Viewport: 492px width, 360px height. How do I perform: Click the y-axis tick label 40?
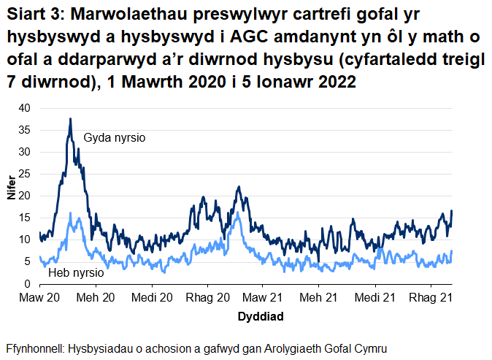25,108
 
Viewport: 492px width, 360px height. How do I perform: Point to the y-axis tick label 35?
25,130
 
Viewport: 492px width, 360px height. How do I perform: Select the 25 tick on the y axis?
25,174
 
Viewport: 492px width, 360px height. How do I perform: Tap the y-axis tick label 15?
25,218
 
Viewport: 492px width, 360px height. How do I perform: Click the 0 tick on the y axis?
28,283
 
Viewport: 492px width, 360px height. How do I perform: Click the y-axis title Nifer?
11,196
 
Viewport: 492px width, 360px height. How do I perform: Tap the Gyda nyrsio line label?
115,137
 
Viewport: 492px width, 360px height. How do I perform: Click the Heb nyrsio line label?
75,273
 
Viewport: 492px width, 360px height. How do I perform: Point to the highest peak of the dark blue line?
70,119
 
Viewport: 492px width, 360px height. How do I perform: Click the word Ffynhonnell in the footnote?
34,348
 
